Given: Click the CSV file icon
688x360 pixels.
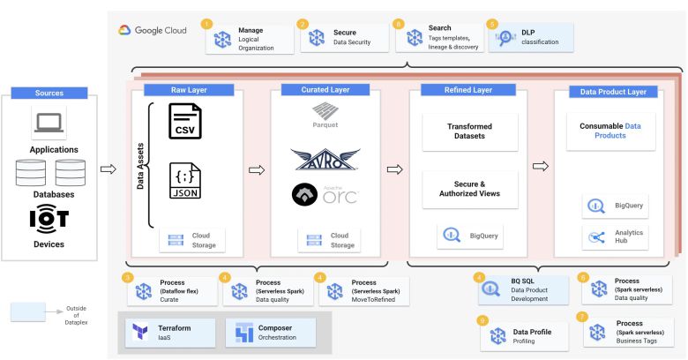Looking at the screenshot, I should [x=186, y=123].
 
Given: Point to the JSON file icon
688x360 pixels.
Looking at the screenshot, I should [x=186, y=185].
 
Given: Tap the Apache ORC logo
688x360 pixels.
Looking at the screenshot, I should [x=325, y=196].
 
